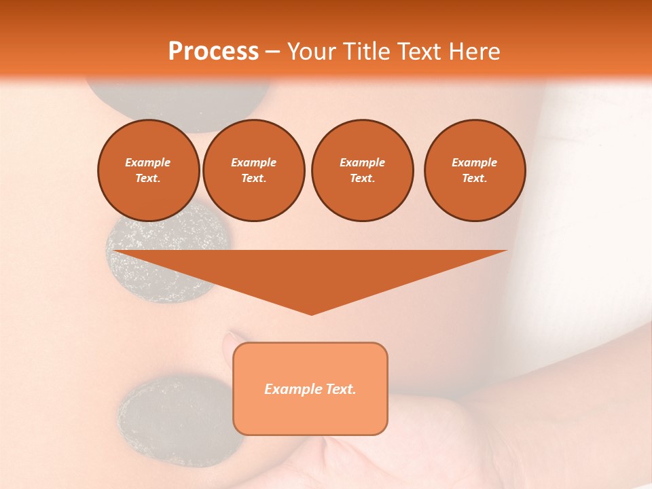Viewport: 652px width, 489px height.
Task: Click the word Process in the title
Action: click(213, 52)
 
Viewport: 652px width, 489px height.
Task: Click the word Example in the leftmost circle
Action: click(148, 162)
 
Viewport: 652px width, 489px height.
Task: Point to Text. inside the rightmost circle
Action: click(474, 179)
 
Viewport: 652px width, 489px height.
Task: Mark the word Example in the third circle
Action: click(362, 162)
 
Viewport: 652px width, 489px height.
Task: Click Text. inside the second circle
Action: click(253, 179)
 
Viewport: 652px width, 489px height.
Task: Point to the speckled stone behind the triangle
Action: click(139, 234)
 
